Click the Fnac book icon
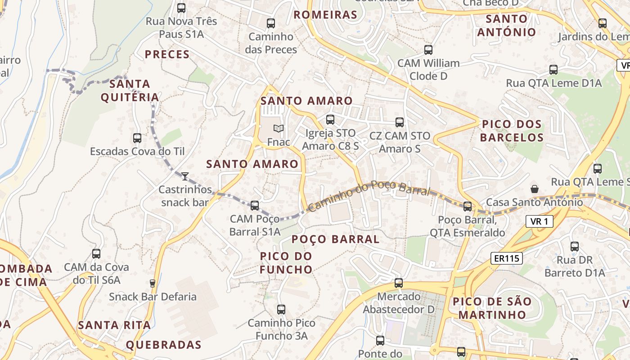coord(279,129)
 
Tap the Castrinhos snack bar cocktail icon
coord(185,175)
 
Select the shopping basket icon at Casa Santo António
coord(535,189)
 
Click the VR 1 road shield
coord(539,221)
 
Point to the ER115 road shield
coord(506,258)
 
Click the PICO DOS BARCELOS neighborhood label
coord(512,131)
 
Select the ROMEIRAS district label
coord(325,15)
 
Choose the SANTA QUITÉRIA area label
coord(130,90)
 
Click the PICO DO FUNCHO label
coord(286,263)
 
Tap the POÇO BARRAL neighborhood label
coord(336,239)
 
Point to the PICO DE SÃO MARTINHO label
coord(492,308)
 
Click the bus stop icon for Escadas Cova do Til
coord(137,138)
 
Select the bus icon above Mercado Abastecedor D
coord(399,283)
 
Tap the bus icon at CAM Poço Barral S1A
coord(255,206)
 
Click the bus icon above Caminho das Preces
coord(271,23)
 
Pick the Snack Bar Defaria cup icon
coord(153,283)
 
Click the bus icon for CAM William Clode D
coord(428,50)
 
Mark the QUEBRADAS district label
coord(163,345)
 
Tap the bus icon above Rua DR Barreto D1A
coord(575,247)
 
